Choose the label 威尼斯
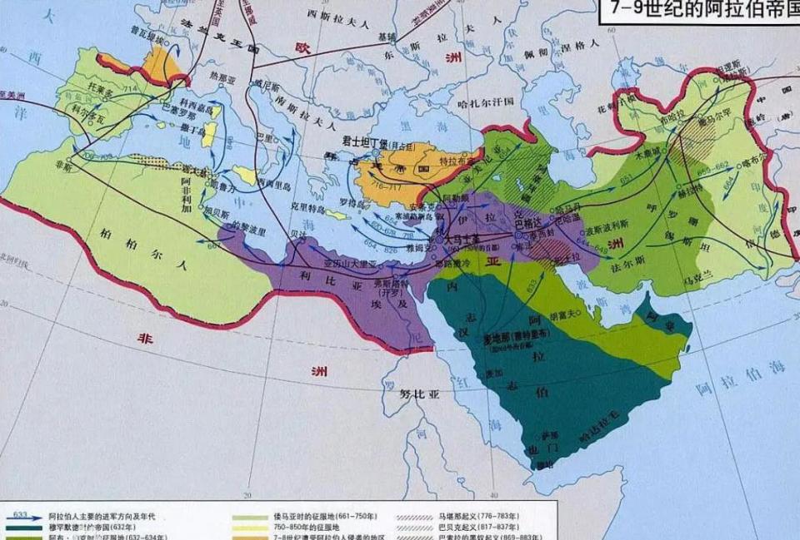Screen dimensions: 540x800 264,84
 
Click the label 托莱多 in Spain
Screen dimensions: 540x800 95,87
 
